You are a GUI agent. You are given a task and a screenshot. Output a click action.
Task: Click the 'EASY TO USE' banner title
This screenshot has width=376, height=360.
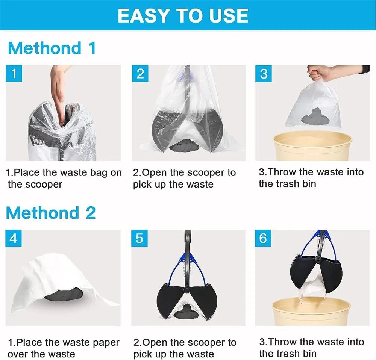[x=183, y=15]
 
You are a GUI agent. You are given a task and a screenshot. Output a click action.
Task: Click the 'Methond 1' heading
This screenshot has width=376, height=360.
[x=52, y=48]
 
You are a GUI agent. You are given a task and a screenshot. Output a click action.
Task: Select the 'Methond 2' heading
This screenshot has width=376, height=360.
[x=51, y=213]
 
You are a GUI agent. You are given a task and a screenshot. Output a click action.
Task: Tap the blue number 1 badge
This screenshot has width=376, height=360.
[x=14, y=74]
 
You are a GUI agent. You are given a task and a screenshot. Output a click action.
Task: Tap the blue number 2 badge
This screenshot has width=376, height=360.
[x=140, y=74]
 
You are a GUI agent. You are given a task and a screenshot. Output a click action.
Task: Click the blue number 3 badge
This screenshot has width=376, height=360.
[x=264, y=74]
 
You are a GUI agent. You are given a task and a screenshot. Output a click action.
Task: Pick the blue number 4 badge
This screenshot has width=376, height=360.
[x=14, y=238]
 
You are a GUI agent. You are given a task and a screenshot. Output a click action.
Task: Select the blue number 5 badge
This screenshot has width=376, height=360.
[x=139, y=238]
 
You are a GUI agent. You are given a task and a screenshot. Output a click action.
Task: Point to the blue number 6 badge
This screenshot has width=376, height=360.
[x=263, y=238]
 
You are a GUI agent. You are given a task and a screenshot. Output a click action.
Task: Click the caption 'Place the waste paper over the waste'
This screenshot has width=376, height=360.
[x=63, y=348]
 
